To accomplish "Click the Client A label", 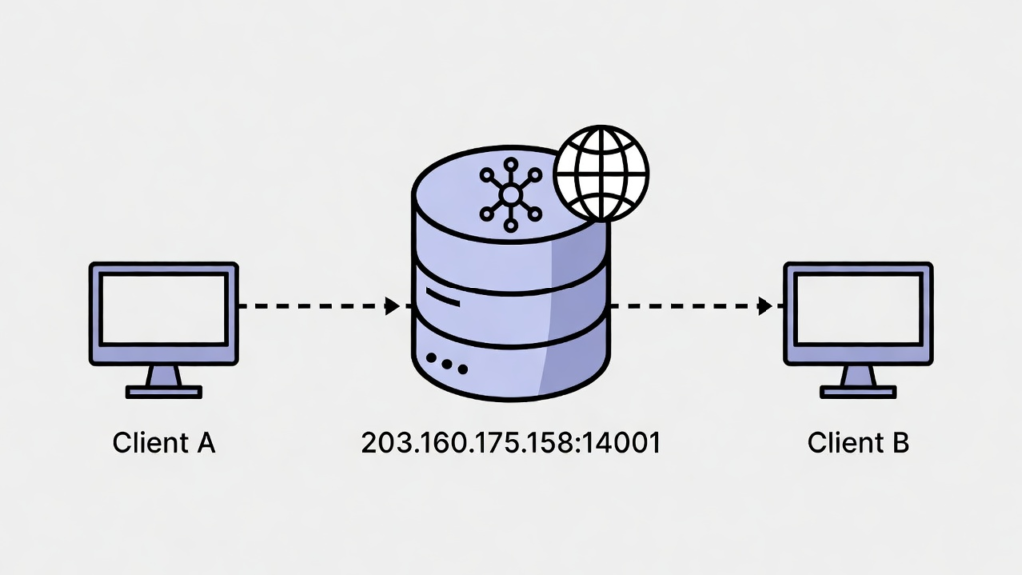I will click(x=164, y=442).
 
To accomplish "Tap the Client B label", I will click(x=858, y=442).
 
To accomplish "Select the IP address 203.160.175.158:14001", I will click(x=510, y=442).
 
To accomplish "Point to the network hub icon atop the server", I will click(x=509, y=191).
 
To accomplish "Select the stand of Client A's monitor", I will click(x=164, y=381).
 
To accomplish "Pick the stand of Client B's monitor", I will click(x=858, y=381).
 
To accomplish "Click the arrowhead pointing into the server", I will click(x=392, y=306).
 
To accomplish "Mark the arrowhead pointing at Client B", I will click(x=766, y=306).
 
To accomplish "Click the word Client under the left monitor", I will click(x=146, y=442).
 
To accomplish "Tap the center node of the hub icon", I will click(x=509, y=192).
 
